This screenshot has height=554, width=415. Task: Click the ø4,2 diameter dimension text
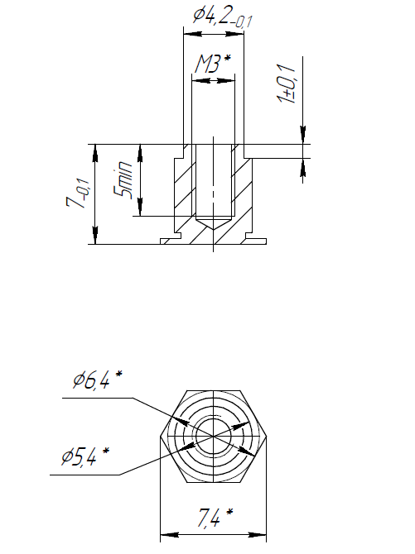222,17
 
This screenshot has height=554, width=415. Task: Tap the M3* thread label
213,64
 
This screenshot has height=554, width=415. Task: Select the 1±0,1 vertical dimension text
287,84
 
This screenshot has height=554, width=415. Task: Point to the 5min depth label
123,179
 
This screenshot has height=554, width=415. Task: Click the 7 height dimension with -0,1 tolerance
77,195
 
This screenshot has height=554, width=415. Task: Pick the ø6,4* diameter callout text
97,380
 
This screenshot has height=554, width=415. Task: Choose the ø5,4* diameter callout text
85,456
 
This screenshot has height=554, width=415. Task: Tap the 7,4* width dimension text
215,518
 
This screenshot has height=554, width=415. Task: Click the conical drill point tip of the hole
213,230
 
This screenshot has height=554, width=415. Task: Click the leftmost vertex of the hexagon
160,437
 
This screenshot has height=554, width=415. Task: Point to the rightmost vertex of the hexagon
266,437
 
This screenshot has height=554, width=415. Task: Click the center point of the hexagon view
213,437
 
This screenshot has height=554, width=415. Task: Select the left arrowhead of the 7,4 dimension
169,534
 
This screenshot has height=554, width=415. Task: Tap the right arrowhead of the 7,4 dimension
257,534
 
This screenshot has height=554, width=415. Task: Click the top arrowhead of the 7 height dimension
95,153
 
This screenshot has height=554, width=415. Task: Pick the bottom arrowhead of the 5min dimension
140,207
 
